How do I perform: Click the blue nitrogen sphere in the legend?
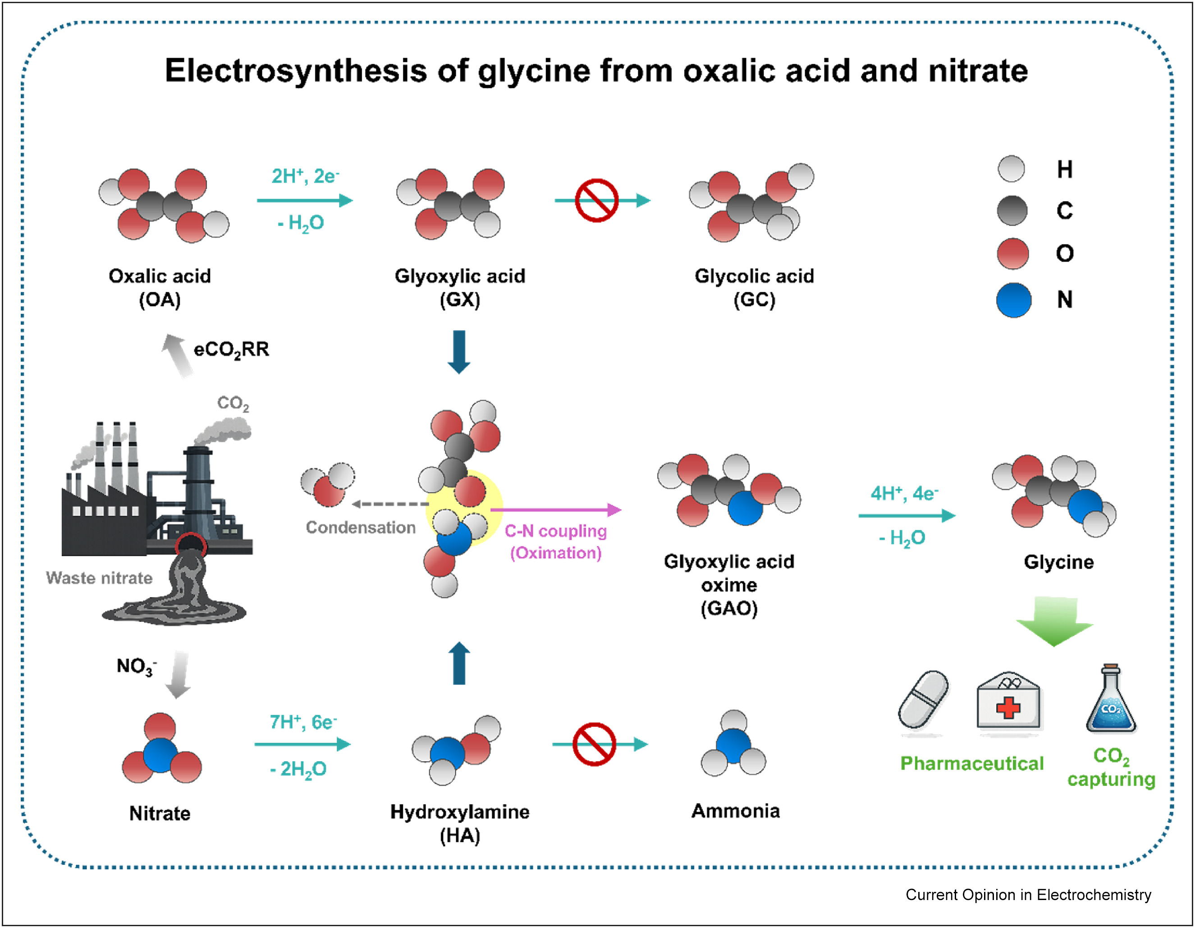(1013, 300)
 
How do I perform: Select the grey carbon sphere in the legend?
(1012, 211)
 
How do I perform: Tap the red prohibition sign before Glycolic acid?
(596, 200)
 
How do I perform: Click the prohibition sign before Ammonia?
(594, 744)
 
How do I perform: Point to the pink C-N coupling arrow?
(555, 510)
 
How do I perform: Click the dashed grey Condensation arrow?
(389, 504)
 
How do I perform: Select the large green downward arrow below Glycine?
(1054, 622)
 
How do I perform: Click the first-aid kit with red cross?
(1009, 702)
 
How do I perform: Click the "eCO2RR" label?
(231, 349)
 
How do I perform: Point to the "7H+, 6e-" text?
(303, 722)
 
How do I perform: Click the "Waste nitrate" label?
(99, 578)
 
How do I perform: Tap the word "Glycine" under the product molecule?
(1058, 562)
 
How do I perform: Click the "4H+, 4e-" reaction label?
(904, 493)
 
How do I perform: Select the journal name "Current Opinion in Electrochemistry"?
(1028, 895)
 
